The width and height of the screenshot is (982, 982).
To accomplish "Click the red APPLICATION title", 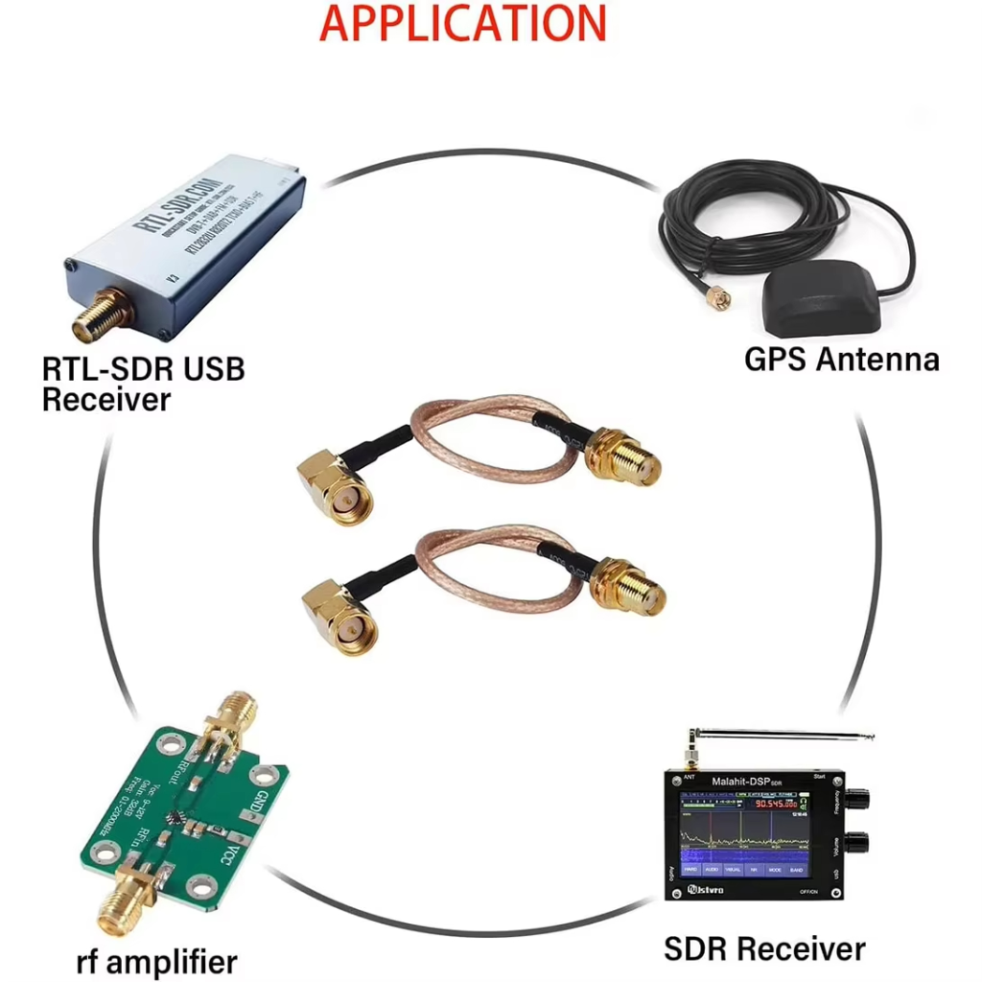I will (462, 23).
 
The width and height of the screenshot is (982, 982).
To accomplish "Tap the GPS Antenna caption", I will (841, 359).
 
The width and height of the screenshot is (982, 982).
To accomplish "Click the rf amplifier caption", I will (155, 960).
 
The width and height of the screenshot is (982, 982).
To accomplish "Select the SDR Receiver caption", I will (764, 948).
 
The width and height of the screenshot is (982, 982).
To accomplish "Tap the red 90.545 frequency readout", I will (775, 803).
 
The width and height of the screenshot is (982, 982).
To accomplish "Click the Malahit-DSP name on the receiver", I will (747, 782).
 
